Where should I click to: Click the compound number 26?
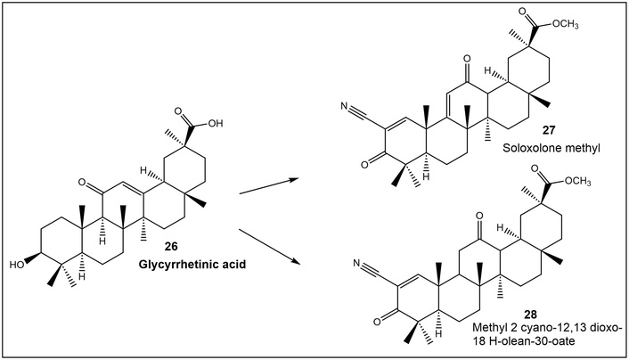coord(171,246)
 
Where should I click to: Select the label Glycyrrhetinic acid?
coord(192,265)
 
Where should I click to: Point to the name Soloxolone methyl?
coord(551,148)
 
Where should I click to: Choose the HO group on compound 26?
coord(17,265)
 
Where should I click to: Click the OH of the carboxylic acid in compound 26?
coord(216,123)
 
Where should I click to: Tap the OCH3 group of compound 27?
coord(565,25)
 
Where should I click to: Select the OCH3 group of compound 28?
coord(577,182)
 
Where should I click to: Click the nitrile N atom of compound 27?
coord(343,106)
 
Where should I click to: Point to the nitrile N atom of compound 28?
coord(356,264)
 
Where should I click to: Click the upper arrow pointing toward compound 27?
coord(269,186)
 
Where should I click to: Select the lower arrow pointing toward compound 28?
coord(270,247)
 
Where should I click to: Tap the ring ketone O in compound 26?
coord(82,183)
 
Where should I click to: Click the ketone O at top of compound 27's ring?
coord(466,59)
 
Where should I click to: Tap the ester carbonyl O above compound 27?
coord(522,11)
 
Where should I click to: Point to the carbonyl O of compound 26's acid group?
coord(178,110)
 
